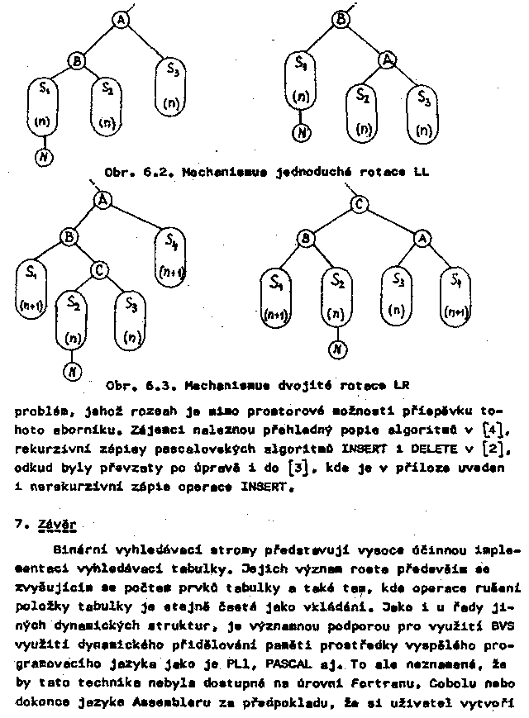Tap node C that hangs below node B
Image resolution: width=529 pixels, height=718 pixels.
tap(98, 269)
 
